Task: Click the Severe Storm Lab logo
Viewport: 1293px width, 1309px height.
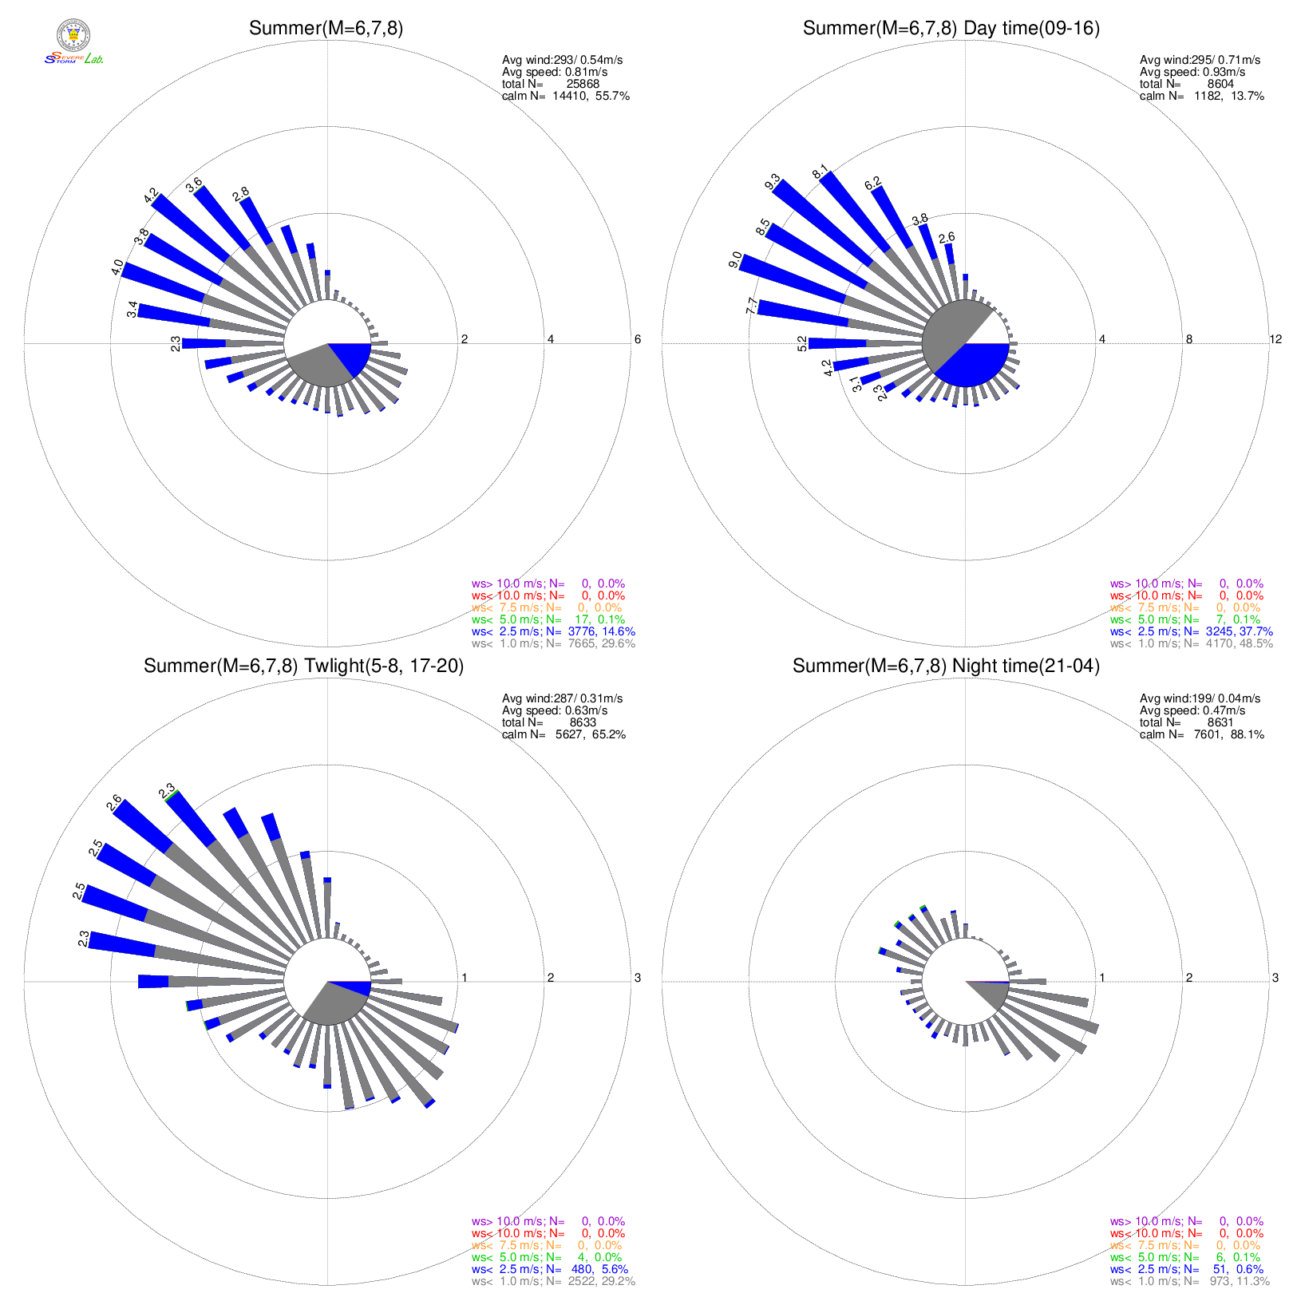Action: point(73,43)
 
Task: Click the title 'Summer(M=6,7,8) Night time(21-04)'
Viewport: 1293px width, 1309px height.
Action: point(946,666)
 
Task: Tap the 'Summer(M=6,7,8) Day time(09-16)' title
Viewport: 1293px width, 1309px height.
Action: point(951,29)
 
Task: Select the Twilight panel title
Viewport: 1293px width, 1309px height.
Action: point(303,666)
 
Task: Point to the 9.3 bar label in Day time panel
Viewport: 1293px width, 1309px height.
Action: point(772,182)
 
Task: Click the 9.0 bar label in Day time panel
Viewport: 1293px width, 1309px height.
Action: point(735,260)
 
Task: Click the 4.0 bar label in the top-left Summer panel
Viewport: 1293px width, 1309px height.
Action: point(117,267)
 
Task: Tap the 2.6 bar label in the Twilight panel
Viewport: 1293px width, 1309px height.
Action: point(114,801)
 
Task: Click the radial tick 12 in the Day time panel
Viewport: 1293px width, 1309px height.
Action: point(1275,339)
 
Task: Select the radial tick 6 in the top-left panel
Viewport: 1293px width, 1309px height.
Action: point(637,339)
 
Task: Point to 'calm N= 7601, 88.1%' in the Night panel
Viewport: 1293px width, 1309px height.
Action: point(1201,734)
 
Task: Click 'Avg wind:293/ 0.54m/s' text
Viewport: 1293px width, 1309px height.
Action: point(562,60)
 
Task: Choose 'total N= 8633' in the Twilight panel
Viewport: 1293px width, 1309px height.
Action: point(548,722)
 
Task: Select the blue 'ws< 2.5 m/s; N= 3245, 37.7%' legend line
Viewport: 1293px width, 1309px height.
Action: point(1191,631)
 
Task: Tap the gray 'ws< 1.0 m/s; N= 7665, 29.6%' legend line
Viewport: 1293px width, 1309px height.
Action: point(553,643)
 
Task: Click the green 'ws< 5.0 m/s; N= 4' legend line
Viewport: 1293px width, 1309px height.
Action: point(546,1257)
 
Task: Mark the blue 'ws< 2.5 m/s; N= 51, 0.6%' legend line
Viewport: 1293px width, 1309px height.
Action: point(1186,1269)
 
